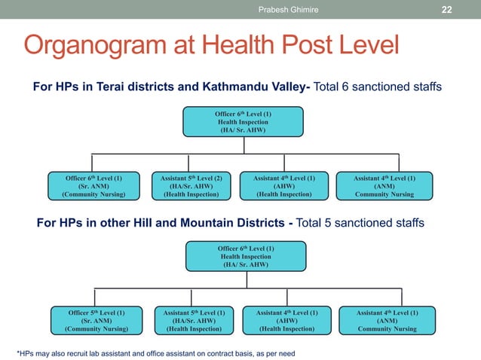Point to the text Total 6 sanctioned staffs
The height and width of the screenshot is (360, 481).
tap(378, 88)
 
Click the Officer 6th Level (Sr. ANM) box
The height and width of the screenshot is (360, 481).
tap(93, 186)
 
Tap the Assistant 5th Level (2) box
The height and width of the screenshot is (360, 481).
tap(191, 186)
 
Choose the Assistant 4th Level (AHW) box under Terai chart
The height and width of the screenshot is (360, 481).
tap(284, 186)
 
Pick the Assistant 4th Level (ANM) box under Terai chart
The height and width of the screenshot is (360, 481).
tap(384, 186)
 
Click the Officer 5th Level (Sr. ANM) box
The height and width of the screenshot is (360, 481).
tap(96, 320)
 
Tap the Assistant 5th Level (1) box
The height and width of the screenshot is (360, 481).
tap(194, 320)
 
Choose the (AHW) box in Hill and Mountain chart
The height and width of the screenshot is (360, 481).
tap(287, 320)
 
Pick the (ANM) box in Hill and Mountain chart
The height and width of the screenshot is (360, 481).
tap(387, 320)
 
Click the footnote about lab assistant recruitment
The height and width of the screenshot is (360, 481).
tap(155, 352)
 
